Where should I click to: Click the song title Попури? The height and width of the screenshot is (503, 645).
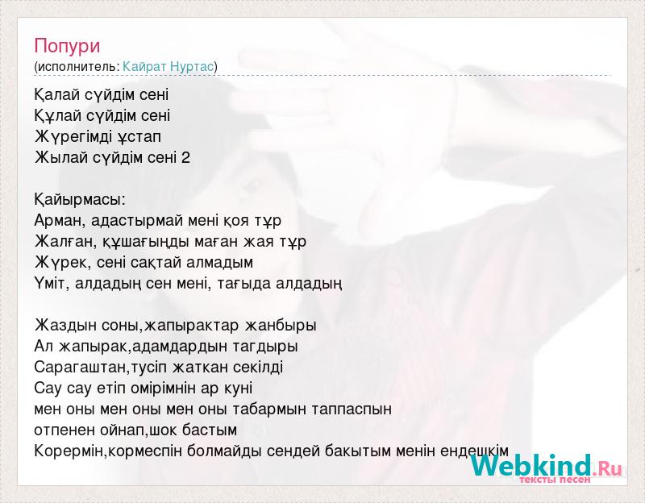pyautogui.click(x=67, y=46)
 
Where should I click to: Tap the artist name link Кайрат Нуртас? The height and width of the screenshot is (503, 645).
pyautogui.click(x=168, y=66)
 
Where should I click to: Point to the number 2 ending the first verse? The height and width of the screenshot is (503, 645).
pyautogui.click(x=185, y=157)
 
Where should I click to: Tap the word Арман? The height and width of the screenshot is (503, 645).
pyautogui.click(x=60, y=220)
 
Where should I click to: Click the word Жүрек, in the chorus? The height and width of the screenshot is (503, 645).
pyautogui.click(x=63, y=263)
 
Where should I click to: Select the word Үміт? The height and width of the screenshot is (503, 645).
pyautogui.click(x=50, y=284)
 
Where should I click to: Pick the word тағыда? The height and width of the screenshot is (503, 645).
pyautogui.click(x=243, y=284)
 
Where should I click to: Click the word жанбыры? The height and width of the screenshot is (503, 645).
pyautogui.click(x=281, y=326)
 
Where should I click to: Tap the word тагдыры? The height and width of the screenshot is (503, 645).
pyautogui.click(x=265, y=347)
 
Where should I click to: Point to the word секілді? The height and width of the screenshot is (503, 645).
pyautogui.click(x=258, y=368)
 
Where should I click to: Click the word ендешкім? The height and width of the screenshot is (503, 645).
pyautogui.click(x=474, y=451)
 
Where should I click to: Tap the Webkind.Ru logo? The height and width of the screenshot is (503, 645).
pyautogui.click(x=546, y=466)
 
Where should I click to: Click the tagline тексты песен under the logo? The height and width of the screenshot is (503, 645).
pyautogui.click(x=555, y=480)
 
